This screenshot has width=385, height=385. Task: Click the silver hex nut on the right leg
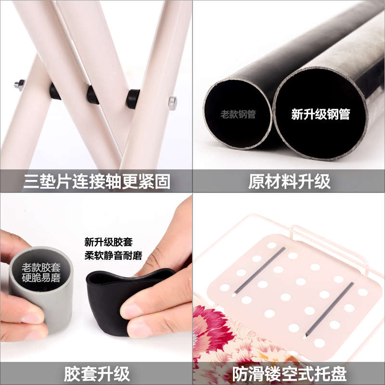pos(173,103)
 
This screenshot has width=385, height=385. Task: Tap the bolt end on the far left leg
pos(19,85)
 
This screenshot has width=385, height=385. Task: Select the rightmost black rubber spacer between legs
pos(133,99)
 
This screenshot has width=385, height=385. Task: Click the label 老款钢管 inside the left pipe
pos(238,114)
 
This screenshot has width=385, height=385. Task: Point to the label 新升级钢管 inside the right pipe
pos(321,114)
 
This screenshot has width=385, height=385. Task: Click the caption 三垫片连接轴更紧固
pos(97,182)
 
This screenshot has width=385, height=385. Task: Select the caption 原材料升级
pos(289,182)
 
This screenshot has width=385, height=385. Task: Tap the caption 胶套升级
pos(97,374)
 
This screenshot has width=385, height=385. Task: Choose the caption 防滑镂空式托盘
pos(289,374)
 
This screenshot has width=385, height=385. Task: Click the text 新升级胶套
pos(108,242)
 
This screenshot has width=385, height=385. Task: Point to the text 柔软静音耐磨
pos(113,256)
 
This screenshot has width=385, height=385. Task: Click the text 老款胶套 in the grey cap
pos(41,268)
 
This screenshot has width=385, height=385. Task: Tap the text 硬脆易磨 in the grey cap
pos(41,278)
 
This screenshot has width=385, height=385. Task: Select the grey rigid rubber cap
pos(41,290)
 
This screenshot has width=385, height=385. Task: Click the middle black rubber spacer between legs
pos(92,95)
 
